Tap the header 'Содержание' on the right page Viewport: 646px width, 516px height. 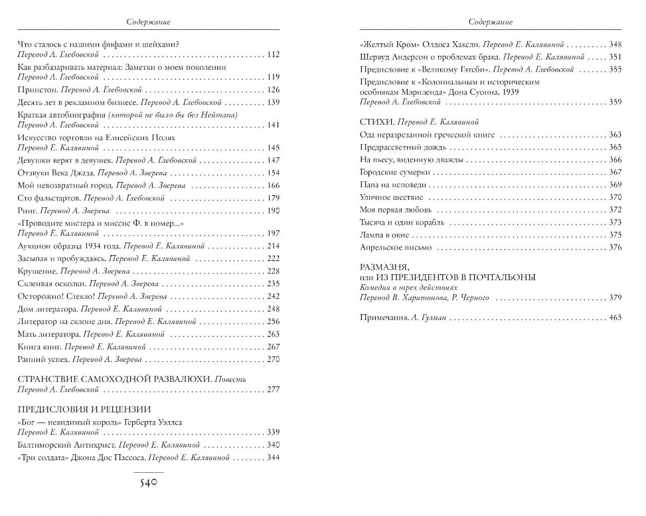tap(491, 21)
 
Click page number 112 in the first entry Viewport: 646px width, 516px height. tap(273, 54)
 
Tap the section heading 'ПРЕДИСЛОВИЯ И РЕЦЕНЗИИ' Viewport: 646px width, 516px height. tap(82, 409)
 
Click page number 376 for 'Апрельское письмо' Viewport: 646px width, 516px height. tap(614, 248)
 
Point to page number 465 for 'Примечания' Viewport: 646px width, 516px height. tap(614, 318)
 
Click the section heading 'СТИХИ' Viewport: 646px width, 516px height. tap(374, 122)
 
